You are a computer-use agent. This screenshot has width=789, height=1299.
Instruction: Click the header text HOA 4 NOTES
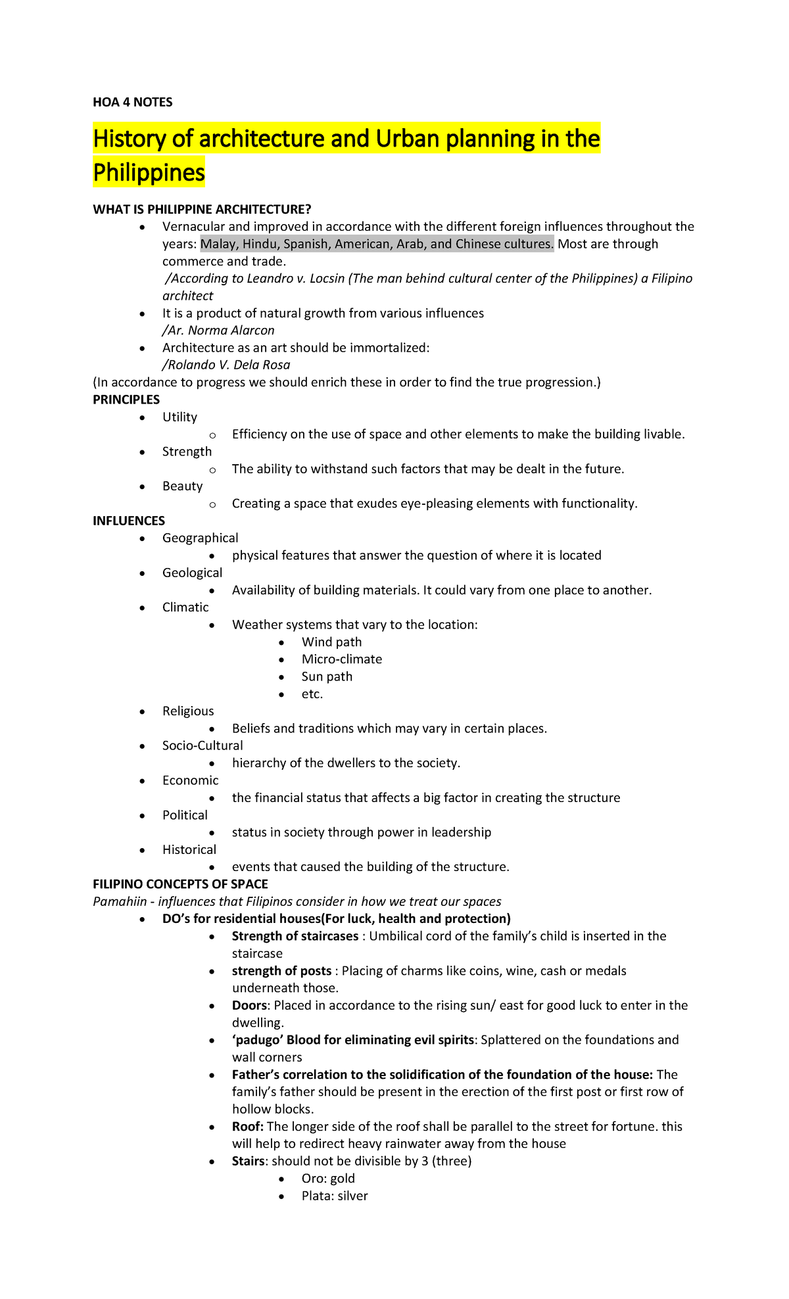132,102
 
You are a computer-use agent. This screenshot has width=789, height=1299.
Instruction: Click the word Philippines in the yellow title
149,172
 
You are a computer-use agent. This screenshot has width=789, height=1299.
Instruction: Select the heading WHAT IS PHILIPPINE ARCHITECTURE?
202,209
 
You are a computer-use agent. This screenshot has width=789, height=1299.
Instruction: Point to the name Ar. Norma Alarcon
218,330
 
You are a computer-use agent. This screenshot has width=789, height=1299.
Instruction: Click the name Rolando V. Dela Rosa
226,365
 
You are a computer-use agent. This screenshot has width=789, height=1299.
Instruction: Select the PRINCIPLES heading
126,400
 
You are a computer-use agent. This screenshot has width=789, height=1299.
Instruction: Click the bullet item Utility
179,417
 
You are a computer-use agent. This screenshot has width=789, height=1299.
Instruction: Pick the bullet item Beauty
182,486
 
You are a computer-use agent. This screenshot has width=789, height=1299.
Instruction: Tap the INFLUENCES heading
129,521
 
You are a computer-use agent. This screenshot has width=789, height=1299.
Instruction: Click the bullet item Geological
192,573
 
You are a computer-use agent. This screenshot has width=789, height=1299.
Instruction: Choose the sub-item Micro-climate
341,659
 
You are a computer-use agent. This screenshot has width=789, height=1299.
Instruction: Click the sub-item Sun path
327,676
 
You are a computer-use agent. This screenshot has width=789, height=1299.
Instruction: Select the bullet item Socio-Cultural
203,745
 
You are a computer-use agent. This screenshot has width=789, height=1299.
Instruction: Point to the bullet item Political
185,815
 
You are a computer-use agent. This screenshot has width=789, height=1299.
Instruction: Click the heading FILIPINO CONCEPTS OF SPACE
180,884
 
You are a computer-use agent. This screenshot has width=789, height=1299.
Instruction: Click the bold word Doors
249,1005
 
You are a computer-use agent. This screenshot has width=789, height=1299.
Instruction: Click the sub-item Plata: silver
335,1196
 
